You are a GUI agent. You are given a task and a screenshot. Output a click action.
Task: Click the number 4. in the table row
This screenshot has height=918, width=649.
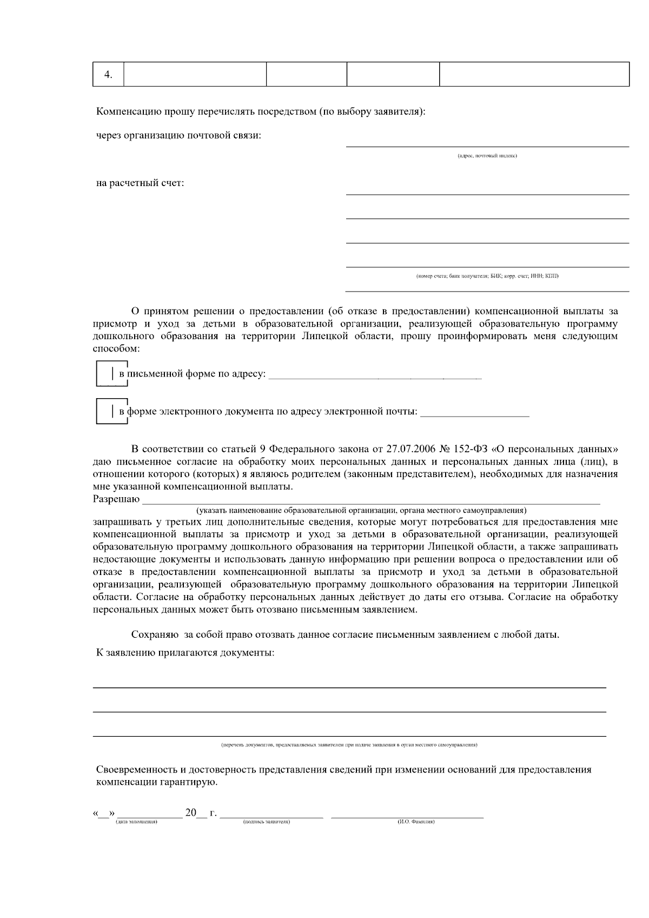(x=108, y=75)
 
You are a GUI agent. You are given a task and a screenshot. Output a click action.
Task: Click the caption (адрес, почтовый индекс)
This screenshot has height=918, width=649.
(x=487, y=156)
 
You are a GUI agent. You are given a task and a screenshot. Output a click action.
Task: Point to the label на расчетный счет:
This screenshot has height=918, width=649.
(x=140, y=183)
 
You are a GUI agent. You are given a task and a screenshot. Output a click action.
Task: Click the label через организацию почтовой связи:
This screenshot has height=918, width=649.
(x=178, y=135)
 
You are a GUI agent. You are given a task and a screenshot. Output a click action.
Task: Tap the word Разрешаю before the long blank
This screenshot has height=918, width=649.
(x=116, y=499)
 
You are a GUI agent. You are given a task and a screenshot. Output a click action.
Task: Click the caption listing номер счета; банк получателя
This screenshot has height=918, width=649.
(x=487, y=276)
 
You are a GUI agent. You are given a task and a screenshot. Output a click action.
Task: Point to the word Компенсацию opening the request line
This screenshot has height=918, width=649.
(x=129, y=112)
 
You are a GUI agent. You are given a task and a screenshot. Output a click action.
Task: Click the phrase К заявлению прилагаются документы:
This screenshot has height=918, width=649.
(x=185, y=653)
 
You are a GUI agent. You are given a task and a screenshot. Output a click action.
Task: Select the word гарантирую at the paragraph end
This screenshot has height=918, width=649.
(x=191, y=783)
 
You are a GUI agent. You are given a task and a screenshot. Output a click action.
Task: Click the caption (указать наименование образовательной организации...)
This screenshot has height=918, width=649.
(x=361, y=510)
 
